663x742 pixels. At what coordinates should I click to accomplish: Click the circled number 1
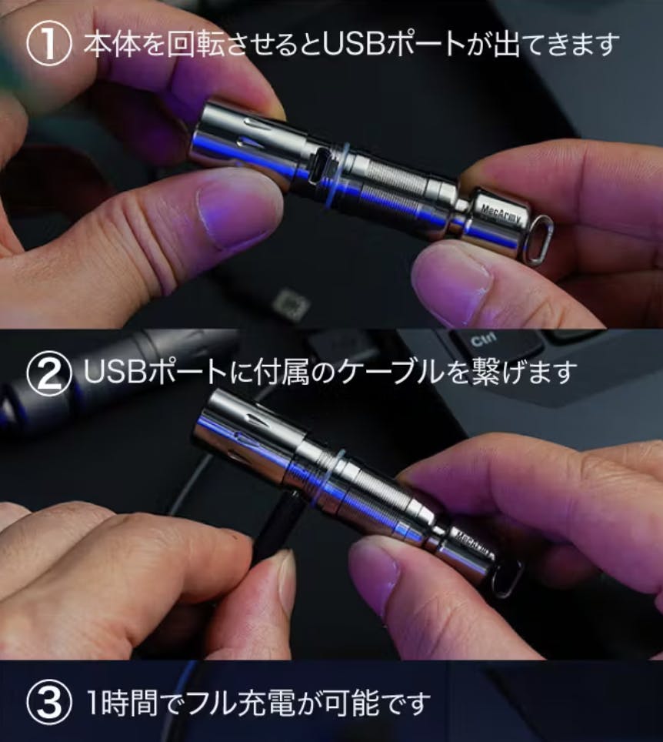[x=48, y=44]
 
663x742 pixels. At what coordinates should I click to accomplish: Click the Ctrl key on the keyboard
[x=483, y=339]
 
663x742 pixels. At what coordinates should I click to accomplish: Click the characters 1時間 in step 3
[x=122, y=704]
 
